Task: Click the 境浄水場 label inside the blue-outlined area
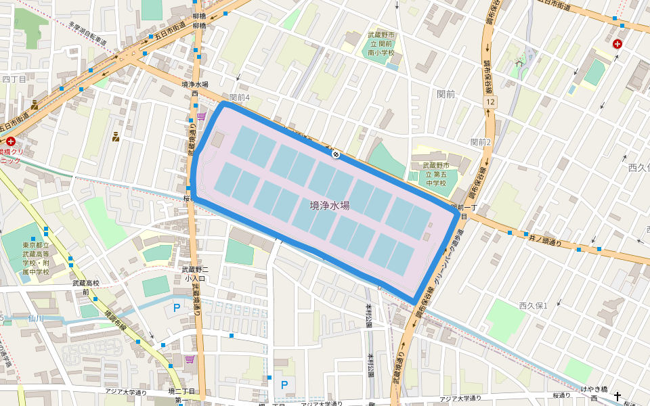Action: click(330, 205)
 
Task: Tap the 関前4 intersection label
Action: click(240, 97)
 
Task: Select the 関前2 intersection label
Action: click(480, 141)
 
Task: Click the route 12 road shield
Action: click(490, 101)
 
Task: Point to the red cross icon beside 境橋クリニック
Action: click(11, 142)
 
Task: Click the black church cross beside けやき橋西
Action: click(618, 390)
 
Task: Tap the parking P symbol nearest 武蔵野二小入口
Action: click(177, 308)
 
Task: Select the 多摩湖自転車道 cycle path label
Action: click(87, 33)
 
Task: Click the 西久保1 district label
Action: click(533, 306)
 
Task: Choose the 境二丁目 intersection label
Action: click(181, 392)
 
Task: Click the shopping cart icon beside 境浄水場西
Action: click(201, 116)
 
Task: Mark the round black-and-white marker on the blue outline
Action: click(334, 154)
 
